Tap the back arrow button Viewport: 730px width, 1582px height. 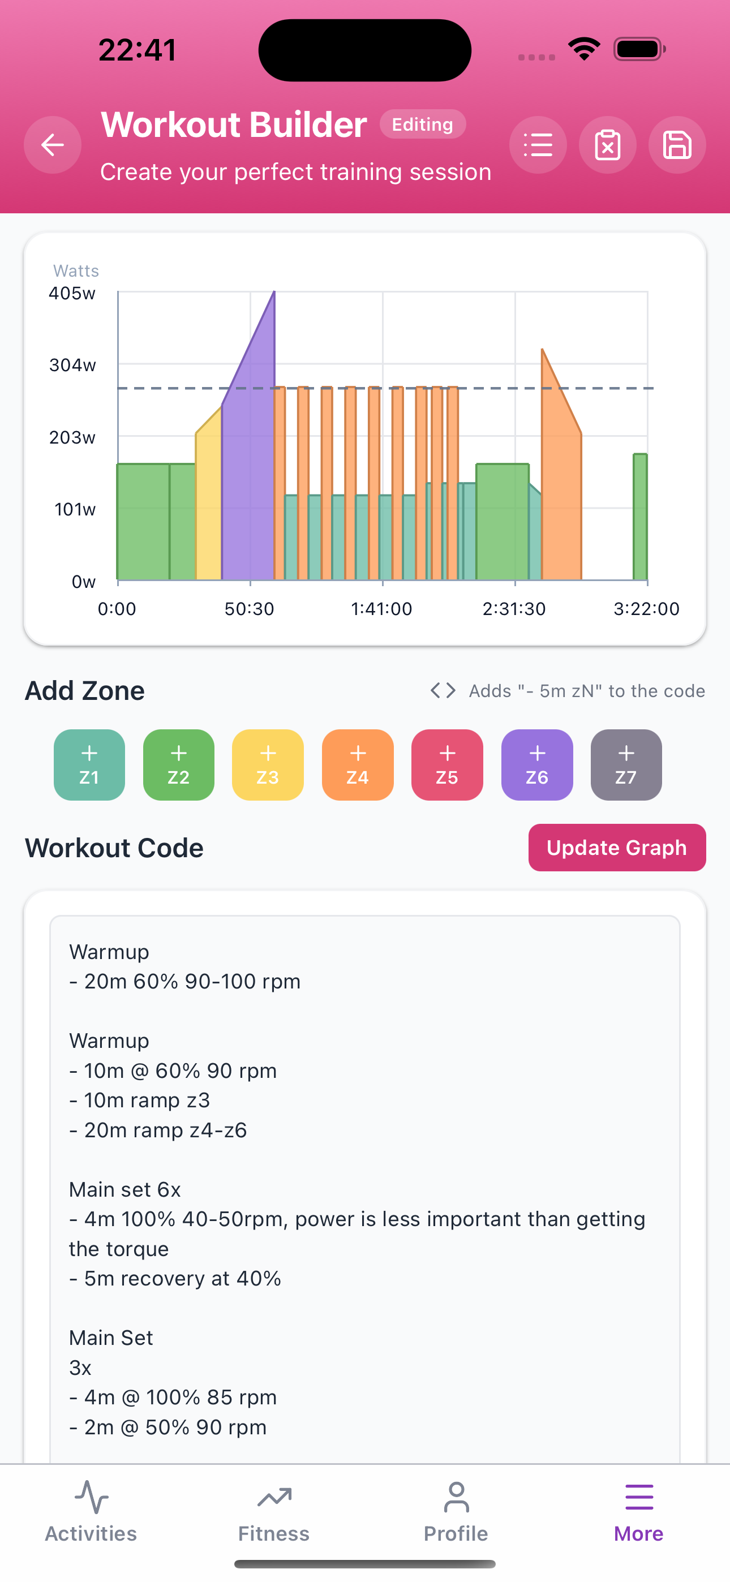(52, 145)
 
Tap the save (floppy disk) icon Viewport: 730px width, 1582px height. (677, 145)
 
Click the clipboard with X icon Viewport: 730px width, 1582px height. (607, 145)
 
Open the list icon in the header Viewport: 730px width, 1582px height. (538, 145)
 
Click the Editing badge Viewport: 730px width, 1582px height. (422, 124)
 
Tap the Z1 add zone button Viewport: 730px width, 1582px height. (89, 764)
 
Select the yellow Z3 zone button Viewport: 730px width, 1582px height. (267, 764)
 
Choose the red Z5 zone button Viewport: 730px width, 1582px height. (446, 764)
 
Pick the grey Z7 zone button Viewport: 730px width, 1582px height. (625, 764)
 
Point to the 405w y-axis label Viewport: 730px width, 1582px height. (72, 294)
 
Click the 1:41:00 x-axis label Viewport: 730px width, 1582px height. (381, 609)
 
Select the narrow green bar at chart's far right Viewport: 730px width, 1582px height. (640, 516)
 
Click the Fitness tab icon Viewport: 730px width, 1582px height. (274, 1498)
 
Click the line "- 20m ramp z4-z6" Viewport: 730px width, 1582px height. (158, 1130)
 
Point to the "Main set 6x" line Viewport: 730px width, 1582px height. (124, 1189)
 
